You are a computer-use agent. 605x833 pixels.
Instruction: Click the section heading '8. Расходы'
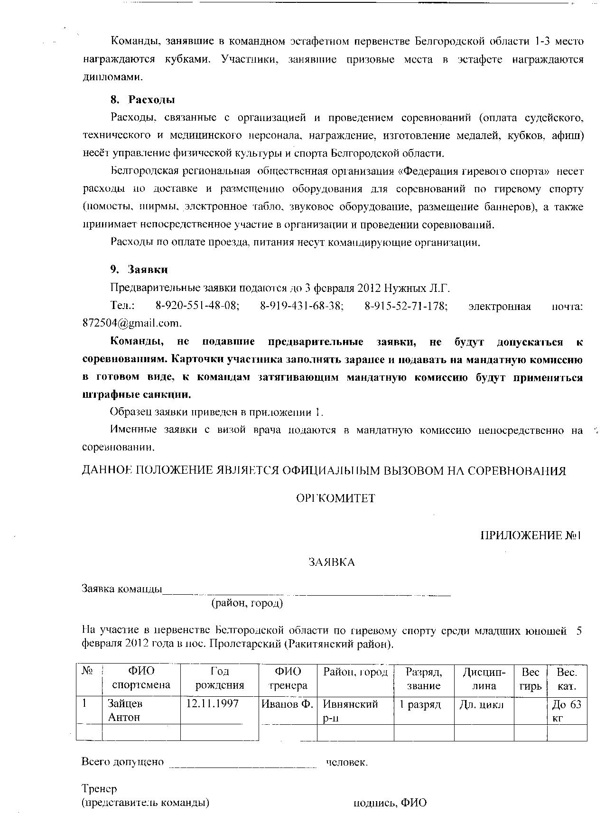(x=143, y=100)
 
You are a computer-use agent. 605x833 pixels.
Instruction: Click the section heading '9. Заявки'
(x=139, y=270)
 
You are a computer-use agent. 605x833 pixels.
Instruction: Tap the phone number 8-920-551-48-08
(x=197, y=306)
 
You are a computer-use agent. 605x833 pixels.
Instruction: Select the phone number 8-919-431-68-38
(x=301, y=306)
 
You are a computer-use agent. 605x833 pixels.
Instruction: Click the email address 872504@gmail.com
(x=131, y=323)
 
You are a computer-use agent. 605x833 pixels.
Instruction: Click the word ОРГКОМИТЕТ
(x=335, y=498)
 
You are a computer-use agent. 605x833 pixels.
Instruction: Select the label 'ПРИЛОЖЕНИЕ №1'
(x=531, y=535)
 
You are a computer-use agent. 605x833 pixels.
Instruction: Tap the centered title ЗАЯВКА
(x=332, y=562)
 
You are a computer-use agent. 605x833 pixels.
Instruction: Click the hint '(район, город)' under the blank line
(x=247, y=603)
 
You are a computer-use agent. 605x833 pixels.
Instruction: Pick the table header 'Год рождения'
(x=220, y=678)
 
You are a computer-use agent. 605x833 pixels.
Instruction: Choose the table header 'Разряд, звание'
(x=424, y=678)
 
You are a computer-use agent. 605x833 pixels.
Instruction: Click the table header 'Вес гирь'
(x=530, y=678)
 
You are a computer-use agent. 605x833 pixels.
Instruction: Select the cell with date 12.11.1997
(x=212, y=703)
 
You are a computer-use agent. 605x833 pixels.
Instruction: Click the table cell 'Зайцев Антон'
(x=125, y=710)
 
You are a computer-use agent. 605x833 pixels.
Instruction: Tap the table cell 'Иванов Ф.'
(x=287, y=704)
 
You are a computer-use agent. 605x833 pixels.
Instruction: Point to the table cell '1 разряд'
(x=420, y=704)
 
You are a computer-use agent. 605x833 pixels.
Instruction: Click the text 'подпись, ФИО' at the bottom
(x=390, y=803)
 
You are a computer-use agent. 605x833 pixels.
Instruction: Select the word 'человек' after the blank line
(x=346, y=762)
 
